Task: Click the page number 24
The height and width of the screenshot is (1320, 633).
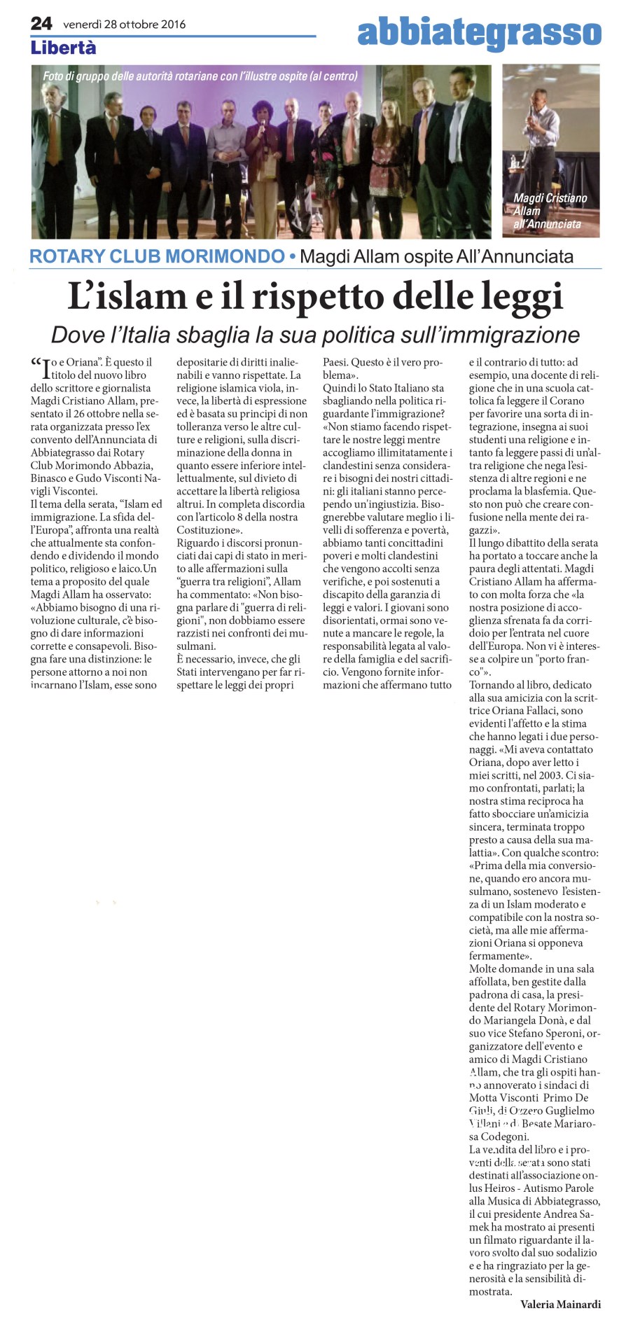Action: click(41, 23)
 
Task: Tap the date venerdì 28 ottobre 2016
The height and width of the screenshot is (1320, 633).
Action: click(124, 24)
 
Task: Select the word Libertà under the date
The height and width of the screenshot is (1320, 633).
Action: click(63, 48)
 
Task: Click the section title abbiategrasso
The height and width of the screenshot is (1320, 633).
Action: click(479, 32)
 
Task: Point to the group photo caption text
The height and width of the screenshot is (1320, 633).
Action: click(200, 76)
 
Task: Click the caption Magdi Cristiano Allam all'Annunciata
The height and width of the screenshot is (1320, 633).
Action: click(550, 211)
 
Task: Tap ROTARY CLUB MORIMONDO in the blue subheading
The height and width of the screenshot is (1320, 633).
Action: click(157, 256)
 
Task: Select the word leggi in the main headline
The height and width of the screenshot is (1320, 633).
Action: click(522, 298)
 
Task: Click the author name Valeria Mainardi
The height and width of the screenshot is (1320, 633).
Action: click(560, 1304)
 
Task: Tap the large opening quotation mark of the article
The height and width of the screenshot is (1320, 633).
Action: click(36, 364)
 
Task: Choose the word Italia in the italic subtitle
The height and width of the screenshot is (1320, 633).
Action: click(142, 335)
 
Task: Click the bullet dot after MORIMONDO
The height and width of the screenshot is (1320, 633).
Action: click(292, 257)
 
